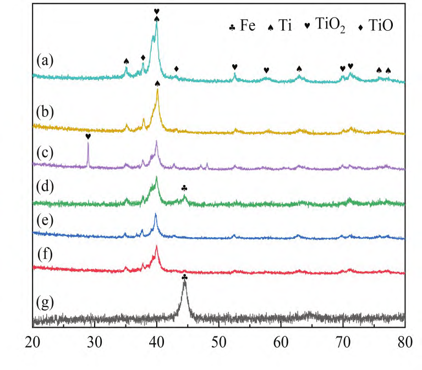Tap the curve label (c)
[x=44, y=152]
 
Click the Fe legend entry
[x=243, y=26]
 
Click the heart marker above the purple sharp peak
[x=87, y=137]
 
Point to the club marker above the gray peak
[x=184, y=278]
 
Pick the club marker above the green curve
[x=184, y=188]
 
